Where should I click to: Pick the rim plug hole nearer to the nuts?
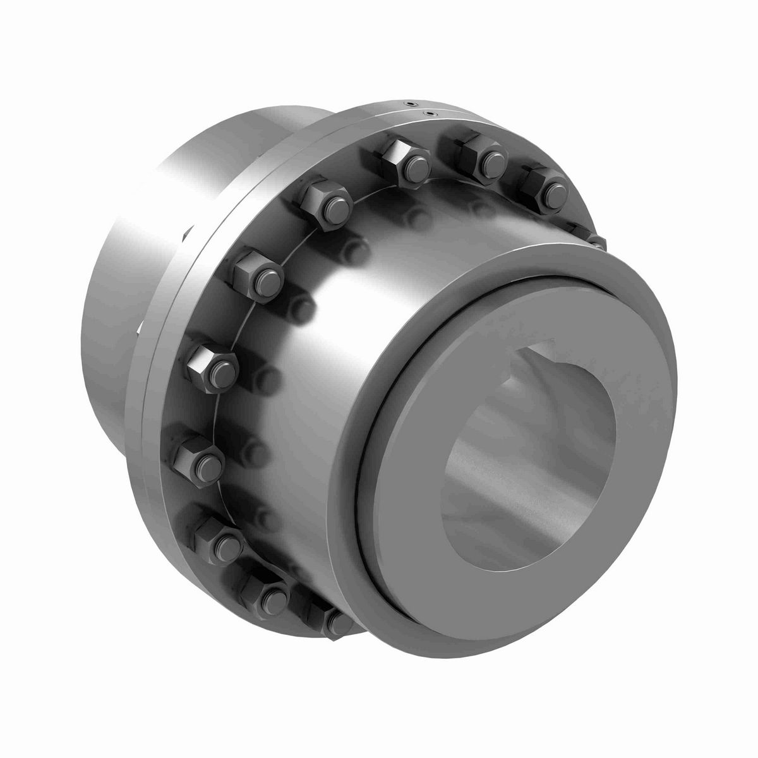pyautogui.click(x=431, y=114)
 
